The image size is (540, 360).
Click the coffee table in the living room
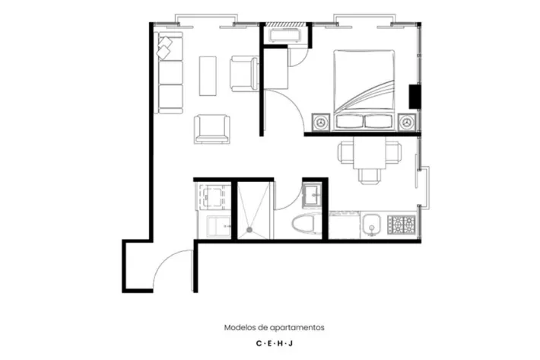click(208, 76)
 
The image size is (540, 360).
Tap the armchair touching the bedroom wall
click(244, 74)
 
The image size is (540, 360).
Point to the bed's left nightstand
click(321, 122)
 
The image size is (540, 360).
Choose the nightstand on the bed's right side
click(407, 122)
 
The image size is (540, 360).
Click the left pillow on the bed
click(349, 122)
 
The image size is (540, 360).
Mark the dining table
click(370, 153)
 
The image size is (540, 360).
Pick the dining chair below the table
click(369, 176)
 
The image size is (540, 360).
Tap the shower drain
click(249, 229)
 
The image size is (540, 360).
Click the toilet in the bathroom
click(307, 224)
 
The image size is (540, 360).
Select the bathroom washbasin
click(312, 195)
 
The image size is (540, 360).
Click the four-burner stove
click(402, 225)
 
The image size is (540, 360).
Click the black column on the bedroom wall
click(415, 97)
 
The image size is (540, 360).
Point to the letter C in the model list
click(259, 343)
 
